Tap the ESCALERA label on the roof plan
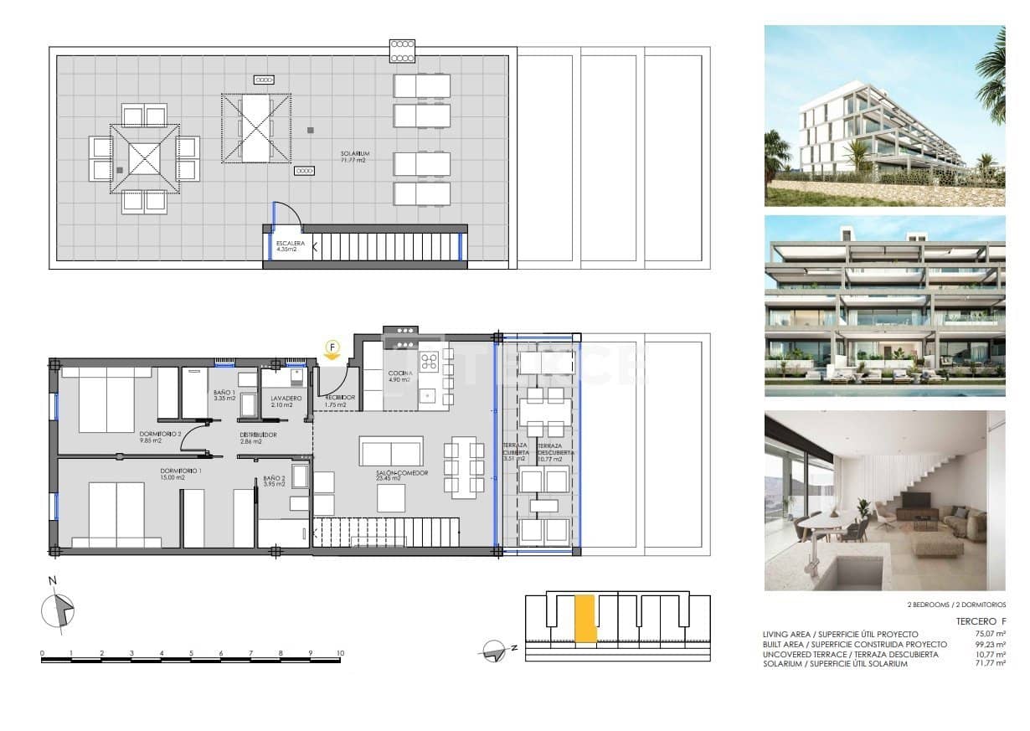291,245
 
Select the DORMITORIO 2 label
162,435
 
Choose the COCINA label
399,374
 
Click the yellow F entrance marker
332,347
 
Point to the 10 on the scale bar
340,652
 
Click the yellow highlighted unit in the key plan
585,618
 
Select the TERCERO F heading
981,621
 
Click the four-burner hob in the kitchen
430,362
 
